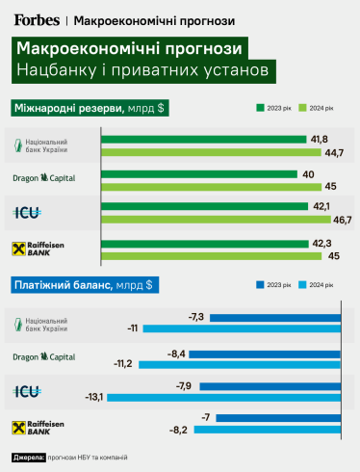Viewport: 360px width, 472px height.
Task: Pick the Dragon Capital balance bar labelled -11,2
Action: [x=241, y=363]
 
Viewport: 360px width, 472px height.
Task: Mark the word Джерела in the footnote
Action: [x=29, y=458]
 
